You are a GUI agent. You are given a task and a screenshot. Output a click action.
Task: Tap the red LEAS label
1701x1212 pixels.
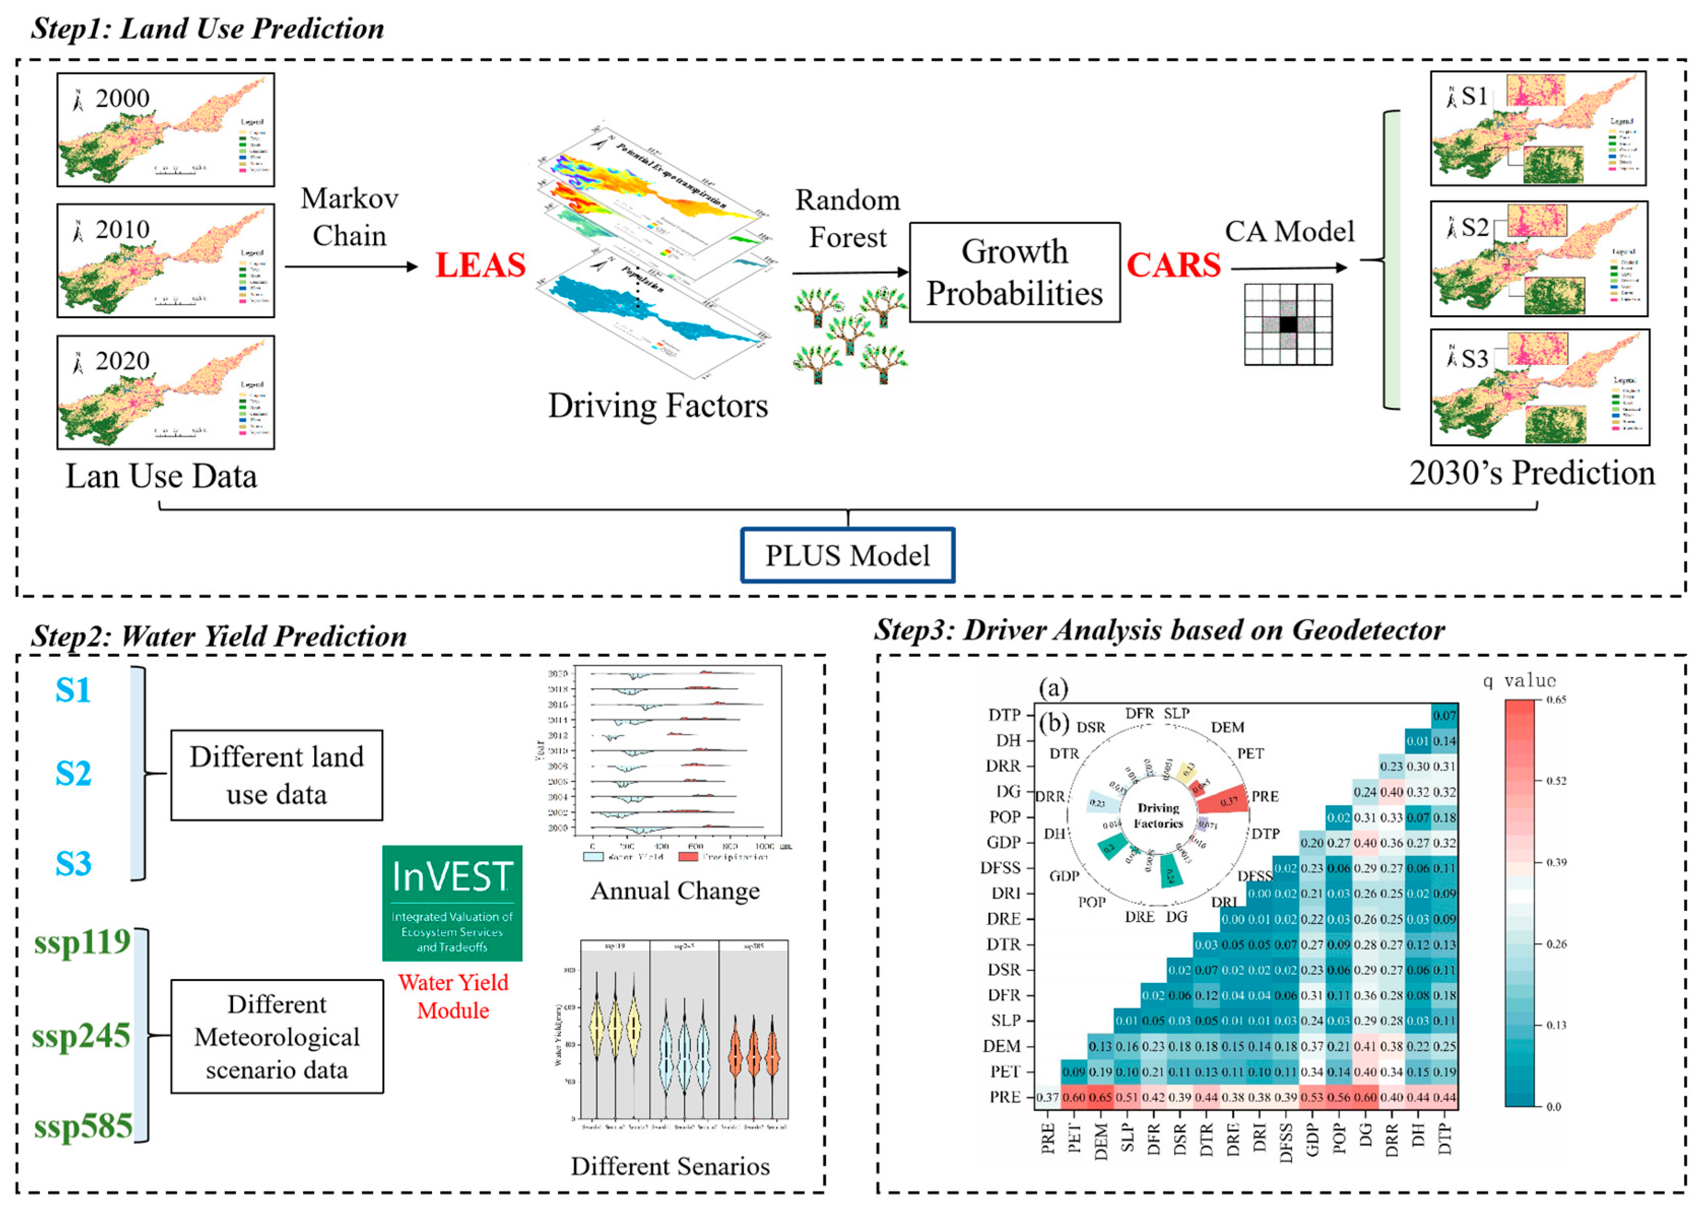pyautogui.click(x=481, y=266)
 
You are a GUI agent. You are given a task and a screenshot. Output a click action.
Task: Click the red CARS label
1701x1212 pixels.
pyautogui.click(x=1173, y=266)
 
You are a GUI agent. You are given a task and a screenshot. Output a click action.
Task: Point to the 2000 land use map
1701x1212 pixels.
pyautogui.click(x=165, y=130)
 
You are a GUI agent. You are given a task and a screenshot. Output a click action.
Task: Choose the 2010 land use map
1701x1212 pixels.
pyautogui.click(x=165, y=261)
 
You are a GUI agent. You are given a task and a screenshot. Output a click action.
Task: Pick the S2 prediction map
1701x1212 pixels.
pyautogui.click(x=1539, y=259)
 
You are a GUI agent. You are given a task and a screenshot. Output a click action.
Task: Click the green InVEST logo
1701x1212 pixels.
pyautogui.click(x=452, y=903)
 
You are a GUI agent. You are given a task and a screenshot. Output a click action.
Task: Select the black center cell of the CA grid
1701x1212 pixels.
pyautogui.click(x=1288, y=324)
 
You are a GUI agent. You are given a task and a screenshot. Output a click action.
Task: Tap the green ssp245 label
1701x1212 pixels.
pyautogui.click(x=81, y=1036)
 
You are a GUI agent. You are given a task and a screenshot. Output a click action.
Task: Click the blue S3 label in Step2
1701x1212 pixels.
pyautogui.click(x=73, y=864)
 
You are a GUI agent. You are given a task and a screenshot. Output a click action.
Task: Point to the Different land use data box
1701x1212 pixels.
pyautogui.click(x=277, y=775)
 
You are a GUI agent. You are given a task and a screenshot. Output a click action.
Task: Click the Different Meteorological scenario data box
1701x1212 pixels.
pyautogui.click(x=277, y=1037)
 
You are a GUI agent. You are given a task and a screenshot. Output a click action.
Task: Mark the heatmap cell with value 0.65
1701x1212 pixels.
pyautogui.click(x=1100, y=1097)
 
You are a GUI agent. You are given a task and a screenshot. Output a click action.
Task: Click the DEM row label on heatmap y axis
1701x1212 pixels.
pyautogui.click(x=1001, y=1046)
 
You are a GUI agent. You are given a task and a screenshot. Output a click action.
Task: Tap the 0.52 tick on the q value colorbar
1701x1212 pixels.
pyautogui.click(x=1555, y=780)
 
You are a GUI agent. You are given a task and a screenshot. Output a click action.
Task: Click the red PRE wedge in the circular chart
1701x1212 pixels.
pyautogui.click(x=1223, y=800)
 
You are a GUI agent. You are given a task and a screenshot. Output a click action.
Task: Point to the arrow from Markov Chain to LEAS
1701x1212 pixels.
pyautogui.click(x=351, y=267)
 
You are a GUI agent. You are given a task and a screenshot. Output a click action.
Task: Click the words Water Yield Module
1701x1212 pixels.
pyautogui.click(x=453, y=996)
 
